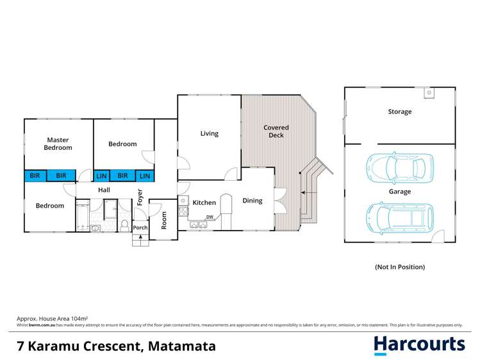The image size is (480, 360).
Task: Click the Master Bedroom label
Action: [x=58, y=143]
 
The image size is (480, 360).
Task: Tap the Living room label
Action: [x=209, y=133]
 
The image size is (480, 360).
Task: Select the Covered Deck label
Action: [x=276, y=131]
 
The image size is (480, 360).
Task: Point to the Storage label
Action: [x=399, y=111]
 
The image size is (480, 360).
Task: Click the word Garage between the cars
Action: [x=399, y=192]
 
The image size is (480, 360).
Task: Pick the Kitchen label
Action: [x=204, y=202]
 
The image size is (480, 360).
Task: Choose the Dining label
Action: [x=252, y=200]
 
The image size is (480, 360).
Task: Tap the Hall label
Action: [x=104, y=190]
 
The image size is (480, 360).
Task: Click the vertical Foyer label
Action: [x=140, y=196]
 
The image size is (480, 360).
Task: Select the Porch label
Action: [x=140, y=227]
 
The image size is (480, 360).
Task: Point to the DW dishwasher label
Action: [x=209, y=217]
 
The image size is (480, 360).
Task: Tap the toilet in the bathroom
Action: [x=124, y=224]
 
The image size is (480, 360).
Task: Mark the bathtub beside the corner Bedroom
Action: [x=83, y=217]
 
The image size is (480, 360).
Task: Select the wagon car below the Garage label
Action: [x=399, y=215]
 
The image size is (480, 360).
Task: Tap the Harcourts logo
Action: [x=419, y=345]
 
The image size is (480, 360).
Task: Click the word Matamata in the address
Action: [x=182, y=347]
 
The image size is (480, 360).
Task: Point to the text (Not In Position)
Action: [x=399, y=266]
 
